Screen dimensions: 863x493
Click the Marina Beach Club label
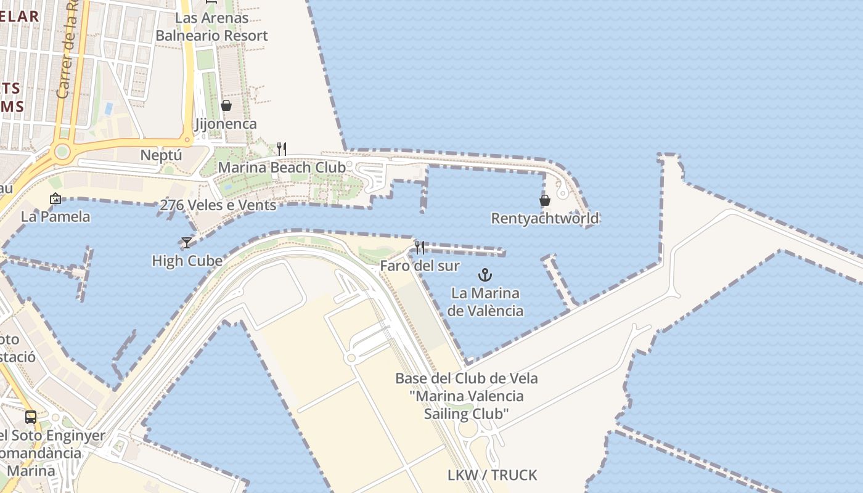click(282, 167)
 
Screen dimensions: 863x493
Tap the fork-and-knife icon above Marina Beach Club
click(281, 149)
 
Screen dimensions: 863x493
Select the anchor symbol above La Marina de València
click(485, 274)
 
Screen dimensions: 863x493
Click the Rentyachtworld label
click(545, 218)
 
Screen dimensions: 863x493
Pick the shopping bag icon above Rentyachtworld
click(545, 200)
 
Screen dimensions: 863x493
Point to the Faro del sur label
click(420, 266)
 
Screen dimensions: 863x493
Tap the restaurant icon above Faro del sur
click(420, 248)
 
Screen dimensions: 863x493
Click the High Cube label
click(187, 261)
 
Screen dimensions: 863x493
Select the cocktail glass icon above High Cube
click(187, 243)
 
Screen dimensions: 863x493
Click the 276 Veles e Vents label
click(218, 205)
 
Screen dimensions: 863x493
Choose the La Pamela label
click(55, 216)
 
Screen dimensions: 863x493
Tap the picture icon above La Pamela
click(55, 198)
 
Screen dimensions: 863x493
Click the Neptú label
click(162, 155)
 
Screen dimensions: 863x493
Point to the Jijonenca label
click(226, 124)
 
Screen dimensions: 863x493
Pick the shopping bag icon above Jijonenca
click(226, 105)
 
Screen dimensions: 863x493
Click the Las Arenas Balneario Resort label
click(211, 26)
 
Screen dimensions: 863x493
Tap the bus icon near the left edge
click(31, 417)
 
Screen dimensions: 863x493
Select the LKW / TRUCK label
click(492, 475)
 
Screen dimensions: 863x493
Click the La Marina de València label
click(485, 302)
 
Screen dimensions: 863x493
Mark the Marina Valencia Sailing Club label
click(466, 396)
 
